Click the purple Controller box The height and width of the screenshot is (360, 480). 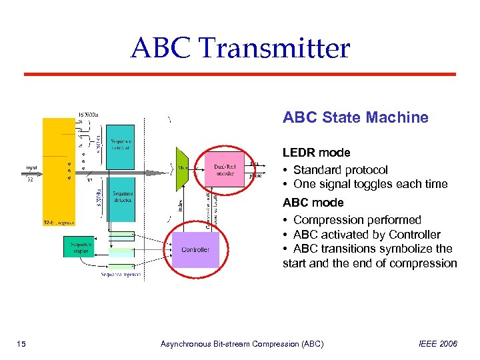(x=195, y=249)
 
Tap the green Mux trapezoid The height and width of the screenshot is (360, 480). (x=182, y=169)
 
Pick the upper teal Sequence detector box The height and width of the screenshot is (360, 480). (x=121, y=144)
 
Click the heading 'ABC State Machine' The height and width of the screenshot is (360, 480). (x=355, y=118)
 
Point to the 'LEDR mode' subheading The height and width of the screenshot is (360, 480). (x=316, y=153)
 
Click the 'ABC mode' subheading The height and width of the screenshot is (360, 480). (x=313, y=203)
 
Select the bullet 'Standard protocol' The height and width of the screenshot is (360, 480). (x=340, y=170)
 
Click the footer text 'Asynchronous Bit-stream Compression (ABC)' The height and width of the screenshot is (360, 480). (x=242, y=344)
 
